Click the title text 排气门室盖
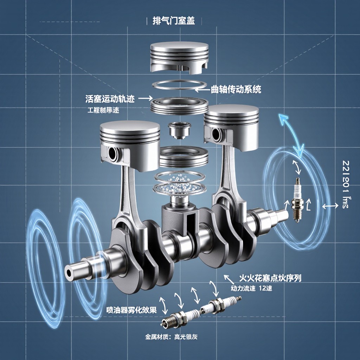pos(175,20)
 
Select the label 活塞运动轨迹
pos(110,99)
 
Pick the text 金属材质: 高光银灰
pos(172,336)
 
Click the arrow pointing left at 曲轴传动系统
pos(202,89)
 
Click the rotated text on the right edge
pos(346,184)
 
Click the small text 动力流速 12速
pos(251,288)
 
